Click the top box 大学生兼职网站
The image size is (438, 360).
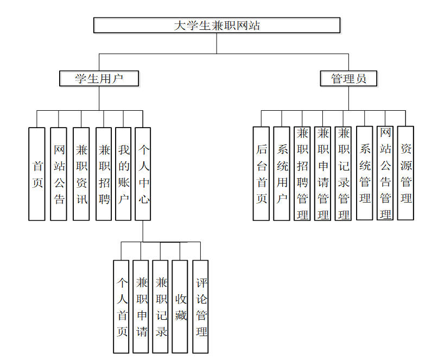[x=217, y=25]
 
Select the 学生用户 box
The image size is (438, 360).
[x=99, y=78]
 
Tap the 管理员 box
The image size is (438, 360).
[x=348, y=78]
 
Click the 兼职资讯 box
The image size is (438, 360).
[x=81, y=174]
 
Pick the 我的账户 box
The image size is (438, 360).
[x=123, y=174]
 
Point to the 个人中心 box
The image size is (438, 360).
[x=143, y=174]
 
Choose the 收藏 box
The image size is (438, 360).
[x=180, y=307]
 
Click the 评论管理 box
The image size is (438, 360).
[x=201, y=307]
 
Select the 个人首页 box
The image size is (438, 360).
[x=122, y=307]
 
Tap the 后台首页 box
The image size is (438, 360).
[x=261, y=173]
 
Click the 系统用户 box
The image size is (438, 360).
[x=282, y=173]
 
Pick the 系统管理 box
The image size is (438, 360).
[x=365, y=173]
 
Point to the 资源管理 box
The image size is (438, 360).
[x=405, y=173]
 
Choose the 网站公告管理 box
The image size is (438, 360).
[x=385, y=173]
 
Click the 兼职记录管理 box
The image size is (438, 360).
[x=343, y=173]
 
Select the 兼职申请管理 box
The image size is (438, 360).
[x=323, y=173]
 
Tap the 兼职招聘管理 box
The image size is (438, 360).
[x=302, y=173]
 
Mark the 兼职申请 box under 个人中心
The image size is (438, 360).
[x=141, y=307]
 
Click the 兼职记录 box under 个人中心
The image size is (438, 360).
[x=161, y=307]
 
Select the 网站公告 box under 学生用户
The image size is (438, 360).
[x=59, y=174]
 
